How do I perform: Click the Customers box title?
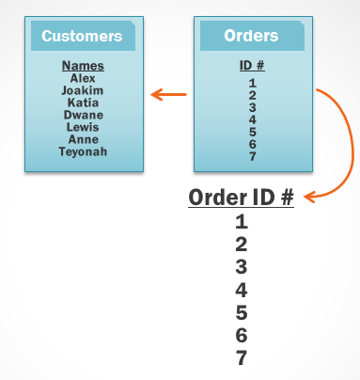(x=83, y=37)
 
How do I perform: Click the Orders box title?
(x=251, y=37)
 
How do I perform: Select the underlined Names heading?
(x=83, y=66)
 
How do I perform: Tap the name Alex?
(x=83, y=78)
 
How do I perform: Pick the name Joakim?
(x=83, y=90)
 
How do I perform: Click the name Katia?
(x=83, y=103)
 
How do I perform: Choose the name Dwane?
(x=83, y=115)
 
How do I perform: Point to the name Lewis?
(x=83, y=127)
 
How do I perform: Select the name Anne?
(x=83, y=139)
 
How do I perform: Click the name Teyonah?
(x=83, y=151)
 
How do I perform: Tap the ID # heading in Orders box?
(x=252, y=66)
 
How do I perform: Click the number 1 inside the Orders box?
(x=253, y=83)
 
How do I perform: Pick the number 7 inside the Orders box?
(x=253, y=156)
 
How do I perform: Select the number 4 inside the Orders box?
(x=253, y=119)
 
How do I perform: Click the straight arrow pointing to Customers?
(x=169, y=94)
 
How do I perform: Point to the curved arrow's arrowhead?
(x=309, y=197)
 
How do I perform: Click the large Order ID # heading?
(x=242, y=198)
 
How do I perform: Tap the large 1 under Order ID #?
(x=242, y=222)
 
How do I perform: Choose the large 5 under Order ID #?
(x=242, y=312)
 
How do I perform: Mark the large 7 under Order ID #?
(x=242, y=357)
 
